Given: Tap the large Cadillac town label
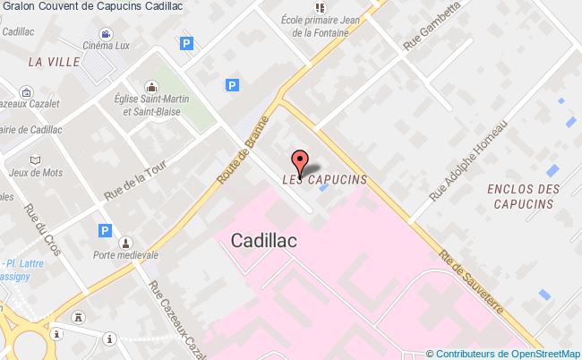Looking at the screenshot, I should click(x=264, y=240).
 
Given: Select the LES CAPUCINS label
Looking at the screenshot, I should click(x=324, y=179).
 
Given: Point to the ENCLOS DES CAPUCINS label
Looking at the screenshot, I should click(x=524, y=196).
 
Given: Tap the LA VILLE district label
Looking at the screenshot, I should click(x=54, y=62).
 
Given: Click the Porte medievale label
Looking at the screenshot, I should click(x=125, y=254).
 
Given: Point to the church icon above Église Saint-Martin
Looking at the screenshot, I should click(x=150, y=88).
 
